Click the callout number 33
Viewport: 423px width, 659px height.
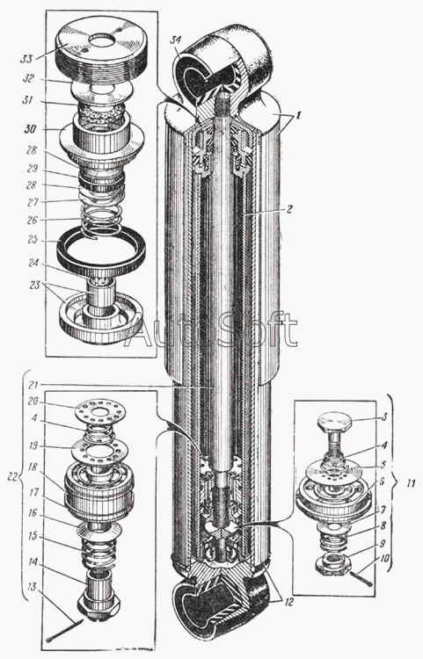coord(26,58)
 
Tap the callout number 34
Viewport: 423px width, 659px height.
coord(175,40)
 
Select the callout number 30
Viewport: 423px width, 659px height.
coord(30,129)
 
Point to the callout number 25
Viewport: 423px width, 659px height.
coord(33,240)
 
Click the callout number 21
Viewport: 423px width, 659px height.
coord(33,385)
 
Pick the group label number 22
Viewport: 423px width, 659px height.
coord(12,476)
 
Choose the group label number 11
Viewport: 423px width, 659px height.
coord(411,483)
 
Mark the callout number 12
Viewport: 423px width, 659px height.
coord(288,602)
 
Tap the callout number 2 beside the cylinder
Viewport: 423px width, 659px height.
coord(289,208)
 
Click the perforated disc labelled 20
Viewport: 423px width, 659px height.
coord(101,410)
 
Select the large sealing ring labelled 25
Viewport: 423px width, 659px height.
coord(101,249)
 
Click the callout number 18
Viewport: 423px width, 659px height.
coord(32,467)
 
